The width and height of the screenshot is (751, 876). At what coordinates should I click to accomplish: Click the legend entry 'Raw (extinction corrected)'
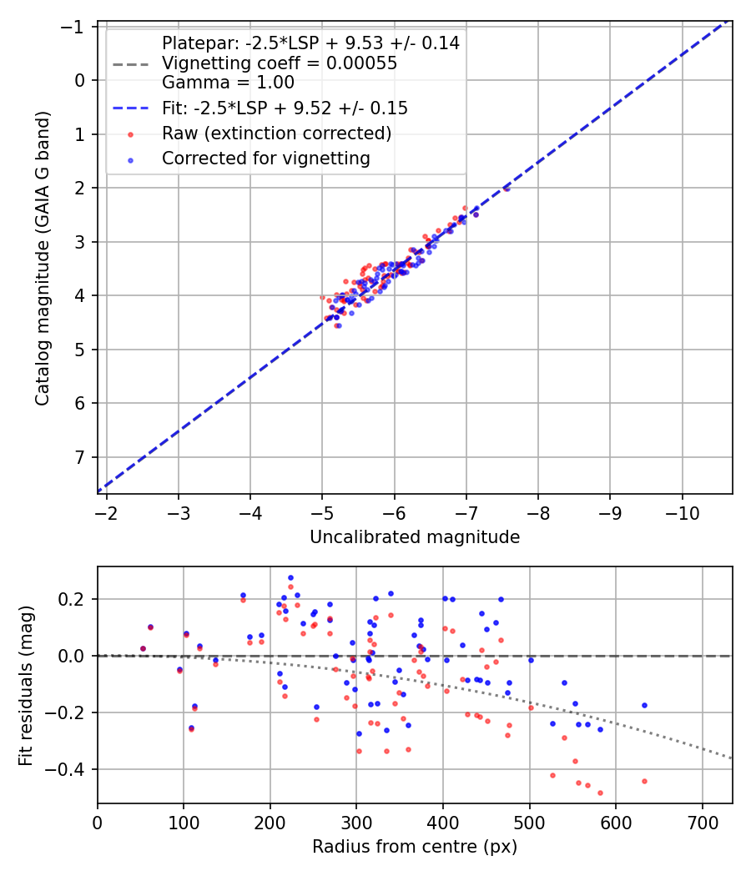276,133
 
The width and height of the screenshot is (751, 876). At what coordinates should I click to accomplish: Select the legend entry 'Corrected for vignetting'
266,159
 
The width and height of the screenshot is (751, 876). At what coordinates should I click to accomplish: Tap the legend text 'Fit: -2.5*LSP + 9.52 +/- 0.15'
285,108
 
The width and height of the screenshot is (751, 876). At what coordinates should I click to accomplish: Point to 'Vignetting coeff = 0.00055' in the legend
280,63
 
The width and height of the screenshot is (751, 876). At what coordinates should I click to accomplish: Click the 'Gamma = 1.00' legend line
228,83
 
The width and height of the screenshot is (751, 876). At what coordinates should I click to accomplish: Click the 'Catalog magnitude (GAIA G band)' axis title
43,258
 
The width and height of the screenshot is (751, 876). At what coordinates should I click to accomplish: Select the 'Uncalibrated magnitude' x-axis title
415,537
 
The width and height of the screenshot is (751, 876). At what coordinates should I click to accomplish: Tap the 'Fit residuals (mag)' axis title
26,686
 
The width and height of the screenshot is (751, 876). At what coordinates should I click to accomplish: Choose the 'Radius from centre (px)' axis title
415,847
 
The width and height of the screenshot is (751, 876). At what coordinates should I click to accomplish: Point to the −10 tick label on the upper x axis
682,513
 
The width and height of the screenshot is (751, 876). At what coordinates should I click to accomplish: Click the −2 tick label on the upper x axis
106,513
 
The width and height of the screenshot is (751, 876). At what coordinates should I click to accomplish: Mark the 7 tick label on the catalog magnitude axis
80,457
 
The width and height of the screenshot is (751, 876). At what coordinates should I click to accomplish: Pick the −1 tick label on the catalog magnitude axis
73,27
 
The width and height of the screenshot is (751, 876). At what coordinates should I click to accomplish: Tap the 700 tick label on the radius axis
703,823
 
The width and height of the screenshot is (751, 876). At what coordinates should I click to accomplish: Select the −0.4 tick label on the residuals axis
66,769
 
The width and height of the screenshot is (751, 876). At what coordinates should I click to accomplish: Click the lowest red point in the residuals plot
600,793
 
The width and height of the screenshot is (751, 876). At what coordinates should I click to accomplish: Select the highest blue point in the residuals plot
290,577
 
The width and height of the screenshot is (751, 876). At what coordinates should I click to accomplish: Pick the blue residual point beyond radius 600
644,705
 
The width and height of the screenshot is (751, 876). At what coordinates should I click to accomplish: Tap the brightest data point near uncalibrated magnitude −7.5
507,189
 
